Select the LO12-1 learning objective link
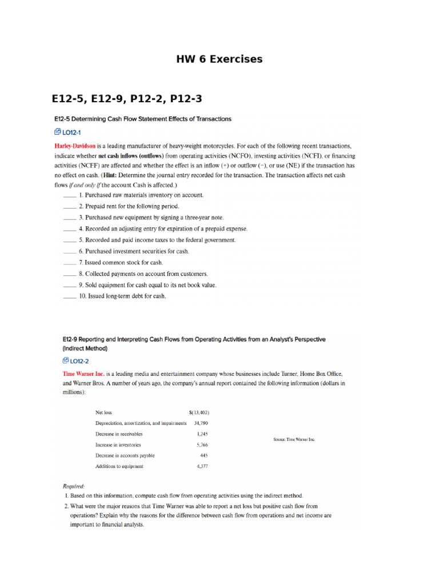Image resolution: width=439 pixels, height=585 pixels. pos(67,132)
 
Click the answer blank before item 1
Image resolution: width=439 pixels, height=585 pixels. pos(69,195)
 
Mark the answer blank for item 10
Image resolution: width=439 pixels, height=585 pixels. pos(69,296)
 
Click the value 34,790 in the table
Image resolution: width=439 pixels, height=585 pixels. pos(201,423)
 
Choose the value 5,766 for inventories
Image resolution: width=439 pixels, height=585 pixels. pos(202,444)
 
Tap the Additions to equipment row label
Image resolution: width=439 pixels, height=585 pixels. pos(119,466)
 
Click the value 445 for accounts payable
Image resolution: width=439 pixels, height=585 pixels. pos(204,455)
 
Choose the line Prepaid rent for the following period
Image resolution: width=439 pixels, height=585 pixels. pos(129,206)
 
